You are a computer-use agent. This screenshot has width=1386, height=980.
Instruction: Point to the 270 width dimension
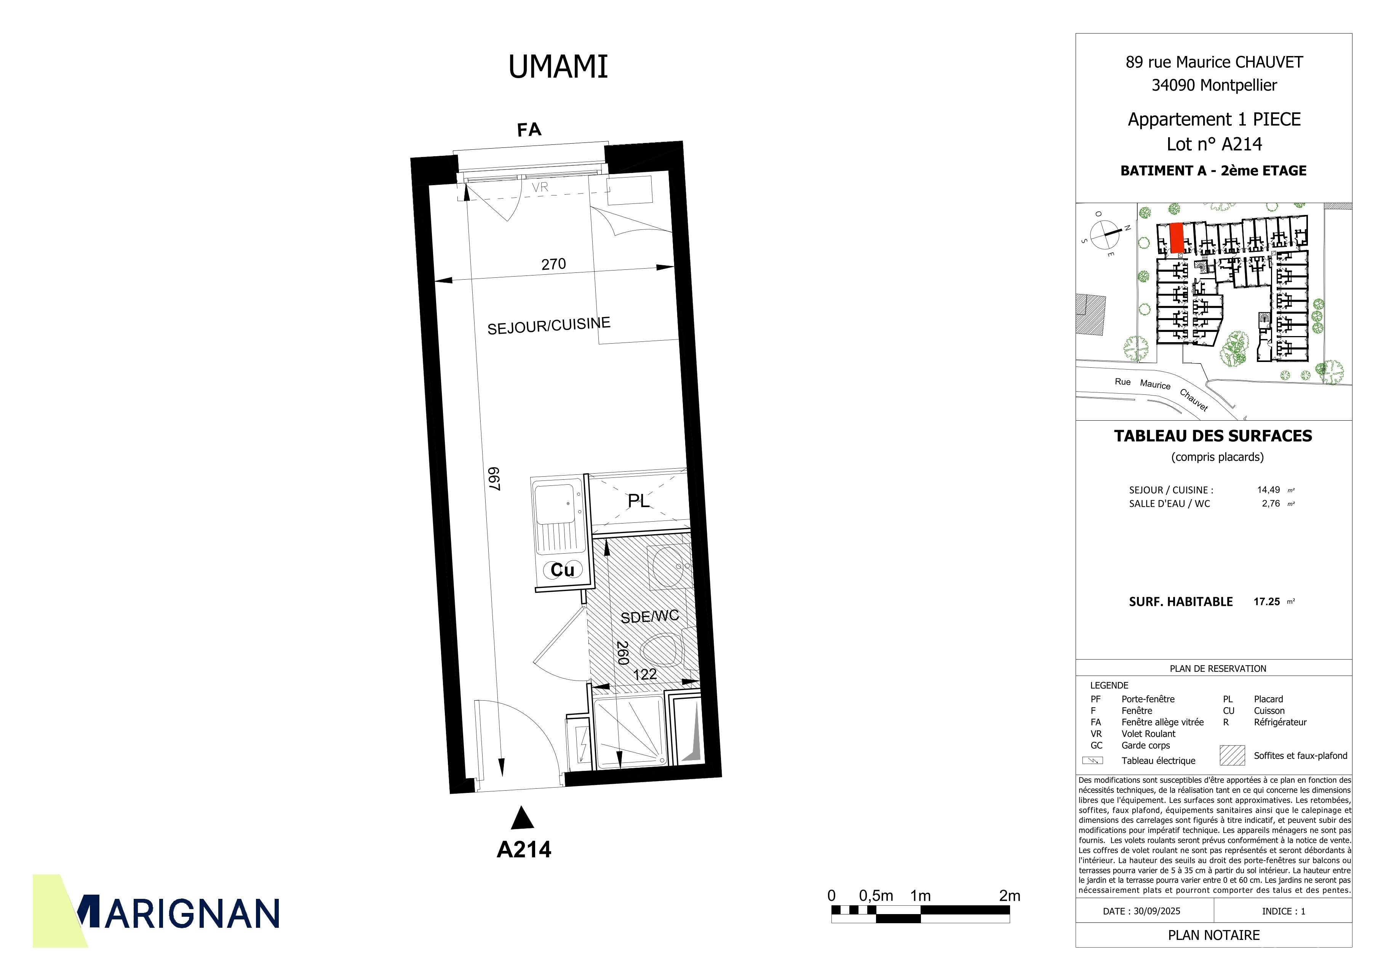pyautogui.click(x=553, y=264)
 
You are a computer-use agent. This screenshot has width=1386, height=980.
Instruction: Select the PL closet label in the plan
pyautogui.click(x=639, y=501)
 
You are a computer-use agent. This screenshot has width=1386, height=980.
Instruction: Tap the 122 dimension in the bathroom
pyautogui.click(x=645, y=674)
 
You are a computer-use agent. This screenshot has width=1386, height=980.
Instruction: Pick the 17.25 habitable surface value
pyautogui.click(x=1266, y=601)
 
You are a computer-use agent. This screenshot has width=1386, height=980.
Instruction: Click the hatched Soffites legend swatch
pyautogui.click(x=1232, y=755)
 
